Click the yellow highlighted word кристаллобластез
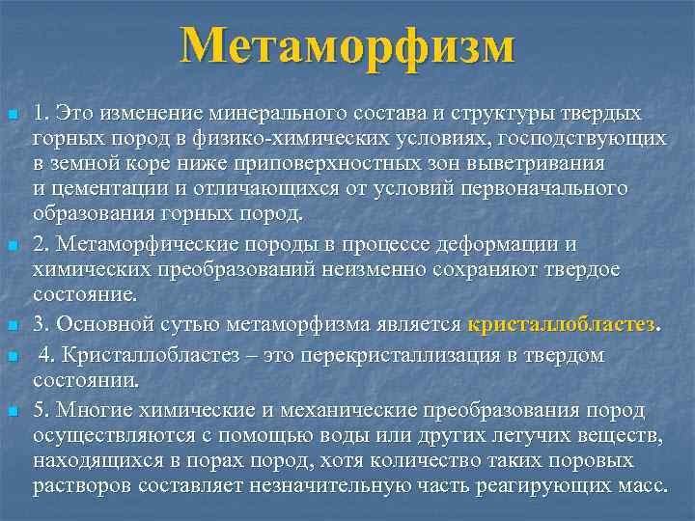(561, 323)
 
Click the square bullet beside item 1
(11, 115)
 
